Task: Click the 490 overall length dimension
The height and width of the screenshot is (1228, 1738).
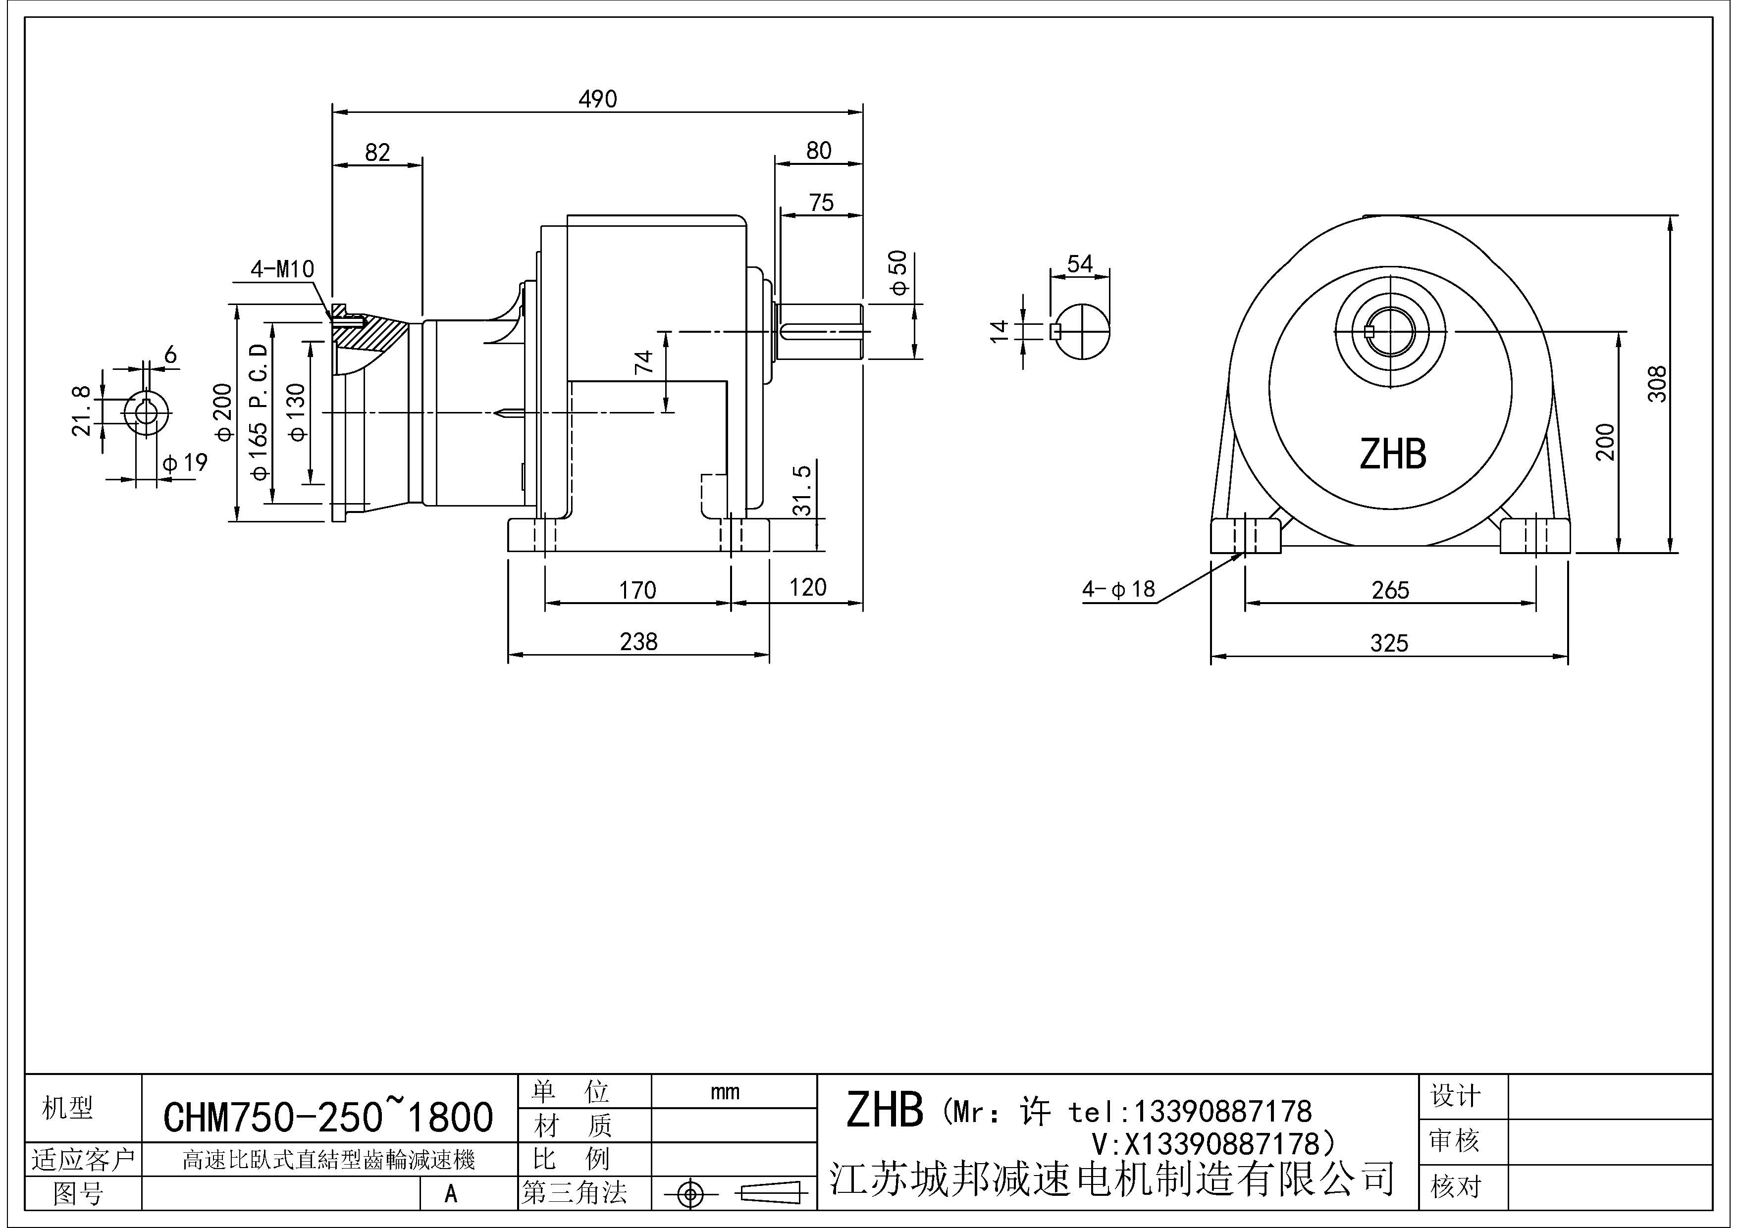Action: pos(597,99)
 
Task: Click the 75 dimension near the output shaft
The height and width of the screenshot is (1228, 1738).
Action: pos(821,203)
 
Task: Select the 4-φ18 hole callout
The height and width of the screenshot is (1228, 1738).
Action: pos(1119,589)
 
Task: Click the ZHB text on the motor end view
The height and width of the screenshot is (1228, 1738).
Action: pos(1393,455)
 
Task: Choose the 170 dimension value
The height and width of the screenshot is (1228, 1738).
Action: pos(637,590)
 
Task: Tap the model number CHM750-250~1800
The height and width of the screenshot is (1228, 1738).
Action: pos(328,1117)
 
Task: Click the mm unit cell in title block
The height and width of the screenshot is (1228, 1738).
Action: pos(725,1092)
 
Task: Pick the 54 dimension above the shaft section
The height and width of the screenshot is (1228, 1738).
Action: pos(1079,264)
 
